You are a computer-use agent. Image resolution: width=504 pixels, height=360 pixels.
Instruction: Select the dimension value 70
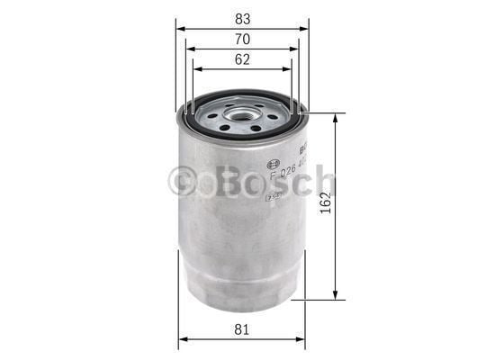(x=242, y=39)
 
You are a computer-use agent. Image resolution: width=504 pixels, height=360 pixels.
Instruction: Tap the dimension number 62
(x=242, y=59)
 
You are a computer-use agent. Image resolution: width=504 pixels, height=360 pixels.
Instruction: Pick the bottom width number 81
(x=242, y=329)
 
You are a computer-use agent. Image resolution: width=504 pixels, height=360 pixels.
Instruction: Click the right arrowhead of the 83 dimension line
(x=305, y=28)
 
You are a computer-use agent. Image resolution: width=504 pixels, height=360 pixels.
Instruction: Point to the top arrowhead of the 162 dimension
(x=336, y=117)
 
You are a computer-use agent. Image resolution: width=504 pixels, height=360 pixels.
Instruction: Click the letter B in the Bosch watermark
(x=222, y=183)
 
